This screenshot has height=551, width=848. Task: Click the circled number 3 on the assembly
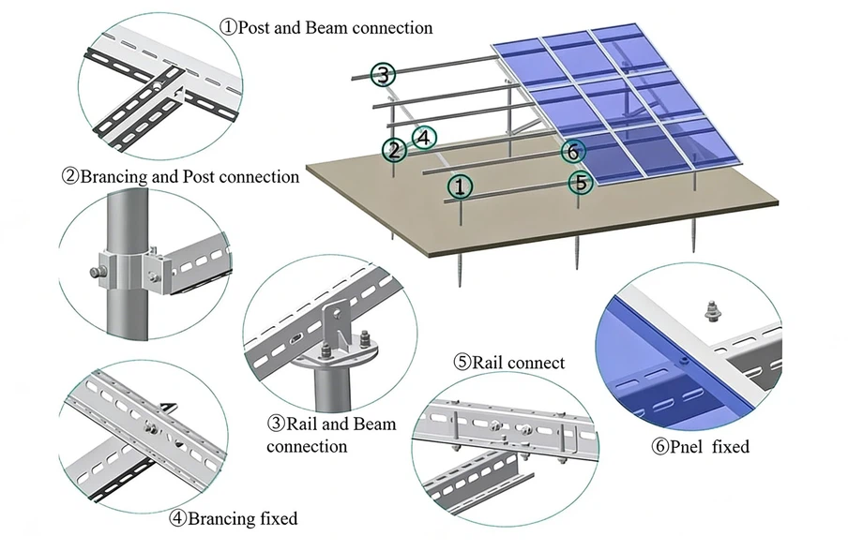382,74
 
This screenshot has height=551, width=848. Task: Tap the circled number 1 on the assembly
458,186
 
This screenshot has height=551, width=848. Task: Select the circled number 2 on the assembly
395,149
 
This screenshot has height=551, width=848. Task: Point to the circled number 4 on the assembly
424,138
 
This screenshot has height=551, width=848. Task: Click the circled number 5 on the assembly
582,183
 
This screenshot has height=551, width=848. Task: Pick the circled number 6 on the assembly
574,151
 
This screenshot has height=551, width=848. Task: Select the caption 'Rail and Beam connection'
331,435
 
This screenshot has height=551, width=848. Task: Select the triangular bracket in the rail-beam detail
330,324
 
